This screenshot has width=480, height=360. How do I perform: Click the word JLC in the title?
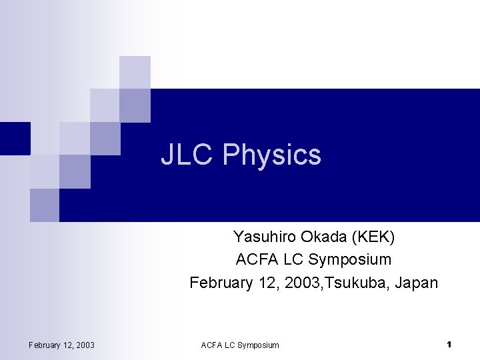(x=187, y=155)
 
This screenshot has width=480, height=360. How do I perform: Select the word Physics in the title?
(x=271, y=155)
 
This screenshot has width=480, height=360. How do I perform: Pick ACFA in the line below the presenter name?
(x=255, y=259)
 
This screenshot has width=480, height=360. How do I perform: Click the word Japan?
(x=417, y=283)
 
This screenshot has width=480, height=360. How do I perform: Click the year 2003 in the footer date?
(x=84, y=345)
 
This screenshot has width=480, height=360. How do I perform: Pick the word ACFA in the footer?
(x=212, y=345)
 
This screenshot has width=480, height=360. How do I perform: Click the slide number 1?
(x=449, y=344)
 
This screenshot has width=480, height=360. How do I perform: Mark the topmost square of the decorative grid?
(x=135, y=71)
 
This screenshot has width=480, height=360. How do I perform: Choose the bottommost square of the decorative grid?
(x=45, y=205)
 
